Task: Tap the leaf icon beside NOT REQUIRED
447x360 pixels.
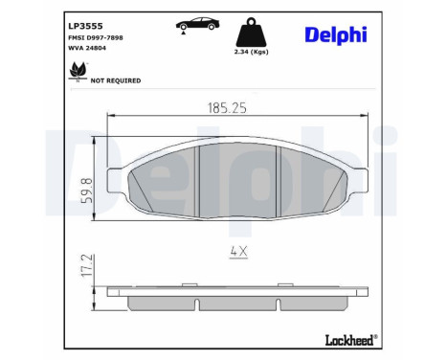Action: pos(73,73)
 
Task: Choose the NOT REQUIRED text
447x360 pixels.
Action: pos(116,80)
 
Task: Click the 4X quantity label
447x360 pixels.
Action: pos(237,254)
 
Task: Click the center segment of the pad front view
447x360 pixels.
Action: pos(236,177)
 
